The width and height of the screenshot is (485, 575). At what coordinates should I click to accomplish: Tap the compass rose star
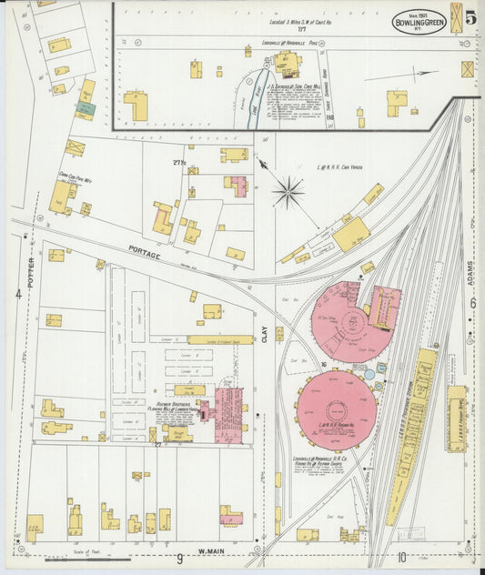(288, 192)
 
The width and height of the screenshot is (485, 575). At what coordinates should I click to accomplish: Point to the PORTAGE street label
(144, 256)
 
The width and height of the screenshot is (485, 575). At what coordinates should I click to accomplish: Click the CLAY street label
(265, 334)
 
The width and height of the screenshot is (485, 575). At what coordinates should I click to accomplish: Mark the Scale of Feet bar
(86, 560)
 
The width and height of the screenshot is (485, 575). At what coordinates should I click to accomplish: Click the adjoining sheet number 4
(18, 294)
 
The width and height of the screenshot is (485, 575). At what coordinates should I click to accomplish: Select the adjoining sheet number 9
(180, 557)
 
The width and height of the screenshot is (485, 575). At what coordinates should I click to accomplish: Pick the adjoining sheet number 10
(400, 557)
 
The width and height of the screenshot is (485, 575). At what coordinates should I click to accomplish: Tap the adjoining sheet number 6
(473, 303)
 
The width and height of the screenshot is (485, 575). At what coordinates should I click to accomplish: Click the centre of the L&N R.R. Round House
(336, 405)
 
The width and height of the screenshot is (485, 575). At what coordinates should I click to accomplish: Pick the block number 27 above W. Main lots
(157, 445)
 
